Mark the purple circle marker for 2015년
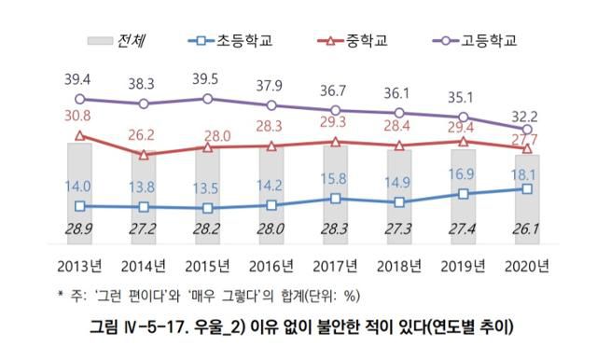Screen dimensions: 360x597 point(207,98)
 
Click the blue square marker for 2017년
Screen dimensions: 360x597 point(335,198)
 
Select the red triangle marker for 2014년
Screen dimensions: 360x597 point(144,155)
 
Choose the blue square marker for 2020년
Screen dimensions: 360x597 point(527,188)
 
